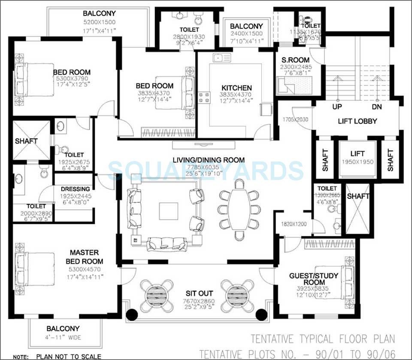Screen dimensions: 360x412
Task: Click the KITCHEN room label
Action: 236,88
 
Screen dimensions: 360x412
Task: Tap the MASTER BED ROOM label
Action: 84,257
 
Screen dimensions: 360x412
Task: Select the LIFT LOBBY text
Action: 357,121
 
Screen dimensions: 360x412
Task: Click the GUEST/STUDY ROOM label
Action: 320,279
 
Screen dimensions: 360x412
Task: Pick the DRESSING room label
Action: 75,189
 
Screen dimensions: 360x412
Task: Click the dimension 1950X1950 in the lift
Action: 357,162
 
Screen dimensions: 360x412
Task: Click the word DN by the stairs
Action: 376,107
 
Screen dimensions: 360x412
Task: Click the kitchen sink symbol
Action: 222,58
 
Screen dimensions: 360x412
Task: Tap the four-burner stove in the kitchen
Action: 203,98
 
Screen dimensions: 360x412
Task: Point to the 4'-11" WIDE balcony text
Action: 63,337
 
